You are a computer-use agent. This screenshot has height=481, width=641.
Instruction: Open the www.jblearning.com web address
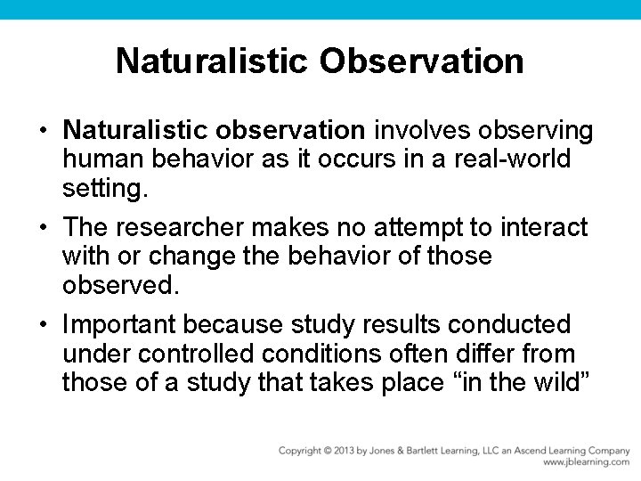click(x=586, y=462)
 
